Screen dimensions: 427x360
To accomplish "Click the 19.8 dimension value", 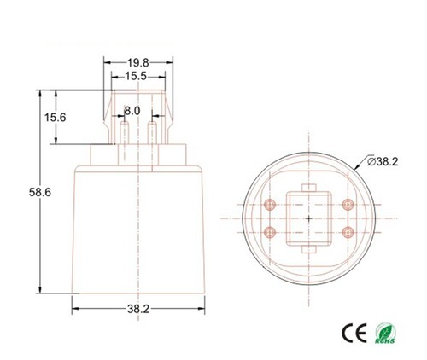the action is click(x=138, y=63).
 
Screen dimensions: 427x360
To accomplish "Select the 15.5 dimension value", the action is click(x=136, y=76).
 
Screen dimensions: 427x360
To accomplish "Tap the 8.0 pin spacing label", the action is click(x=132, y=111).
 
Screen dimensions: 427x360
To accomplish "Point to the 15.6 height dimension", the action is click(x=55, y=117).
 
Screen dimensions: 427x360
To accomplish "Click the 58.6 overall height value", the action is click(x=40, y=192).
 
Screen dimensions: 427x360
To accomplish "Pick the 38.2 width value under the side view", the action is click(x=138, y=309).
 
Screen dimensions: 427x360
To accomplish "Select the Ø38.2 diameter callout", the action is click(x=383, y=161).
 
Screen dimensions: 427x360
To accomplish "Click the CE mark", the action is click(x=354, y=333).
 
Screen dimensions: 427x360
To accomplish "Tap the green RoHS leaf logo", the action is click(x=385, y=333).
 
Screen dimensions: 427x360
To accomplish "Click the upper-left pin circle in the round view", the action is click(x=270, y=205).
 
